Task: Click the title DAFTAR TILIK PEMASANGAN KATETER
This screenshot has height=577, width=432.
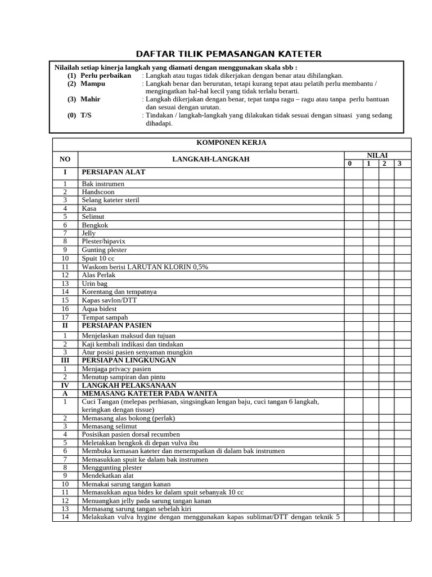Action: point(229,54)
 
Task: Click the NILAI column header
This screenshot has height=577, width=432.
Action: point(377,155)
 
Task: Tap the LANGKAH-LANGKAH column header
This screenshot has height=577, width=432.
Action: point(210,159)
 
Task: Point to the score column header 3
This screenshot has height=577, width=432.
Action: point(399,163)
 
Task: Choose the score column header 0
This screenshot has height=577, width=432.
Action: point(349,163)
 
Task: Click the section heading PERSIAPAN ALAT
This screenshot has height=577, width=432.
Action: point(114,172)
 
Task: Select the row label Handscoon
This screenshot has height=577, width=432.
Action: point(99,192)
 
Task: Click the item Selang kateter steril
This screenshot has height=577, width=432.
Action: point(110,200)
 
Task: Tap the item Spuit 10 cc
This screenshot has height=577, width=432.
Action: point(98,258)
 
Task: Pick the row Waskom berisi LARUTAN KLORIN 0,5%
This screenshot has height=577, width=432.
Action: point(145,267)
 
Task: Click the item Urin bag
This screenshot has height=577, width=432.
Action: point(94,283)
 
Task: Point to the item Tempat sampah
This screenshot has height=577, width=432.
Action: point(105,317)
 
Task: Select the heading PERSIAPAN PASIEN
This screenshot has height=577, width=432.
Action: point(116,325)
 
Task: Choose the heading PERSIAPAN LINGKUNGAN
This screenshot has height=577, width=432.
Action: point(129,360)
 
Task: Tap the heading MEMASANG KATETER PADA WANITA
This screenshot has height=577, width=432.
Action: point(150,393)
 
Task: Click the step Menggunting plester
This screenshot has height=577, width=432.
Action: point(112,468)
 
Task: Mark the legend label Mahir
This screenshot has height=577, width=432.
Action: point(90,99)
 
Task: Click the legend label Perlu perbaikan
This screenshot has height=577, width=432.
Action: point(105,76)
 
